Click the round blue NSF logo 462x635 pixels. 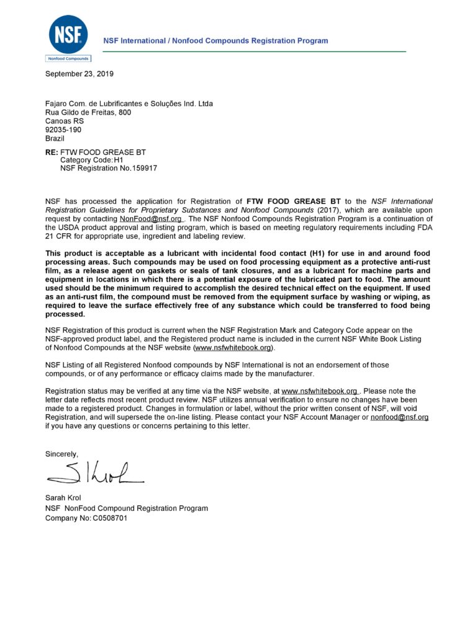coord(68,34)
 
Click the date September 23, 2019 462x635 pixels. coord(79,74)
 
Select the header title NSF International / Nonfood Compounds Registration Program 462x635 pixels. coord(215,41)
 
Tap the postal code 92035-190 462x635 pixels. coord(63,130)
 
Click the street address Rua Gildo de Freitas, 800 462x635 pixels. coord(88,113)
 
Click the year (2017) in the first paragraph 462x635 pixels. coord(325,210)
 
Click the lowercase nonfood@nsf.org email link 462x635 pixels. coord(399,417)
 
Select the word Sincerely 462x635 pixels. coord(62,454)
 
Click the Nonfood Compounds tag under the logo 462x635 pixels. coord(68,59)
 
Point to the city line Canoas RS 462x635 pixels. coord(64,122)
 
